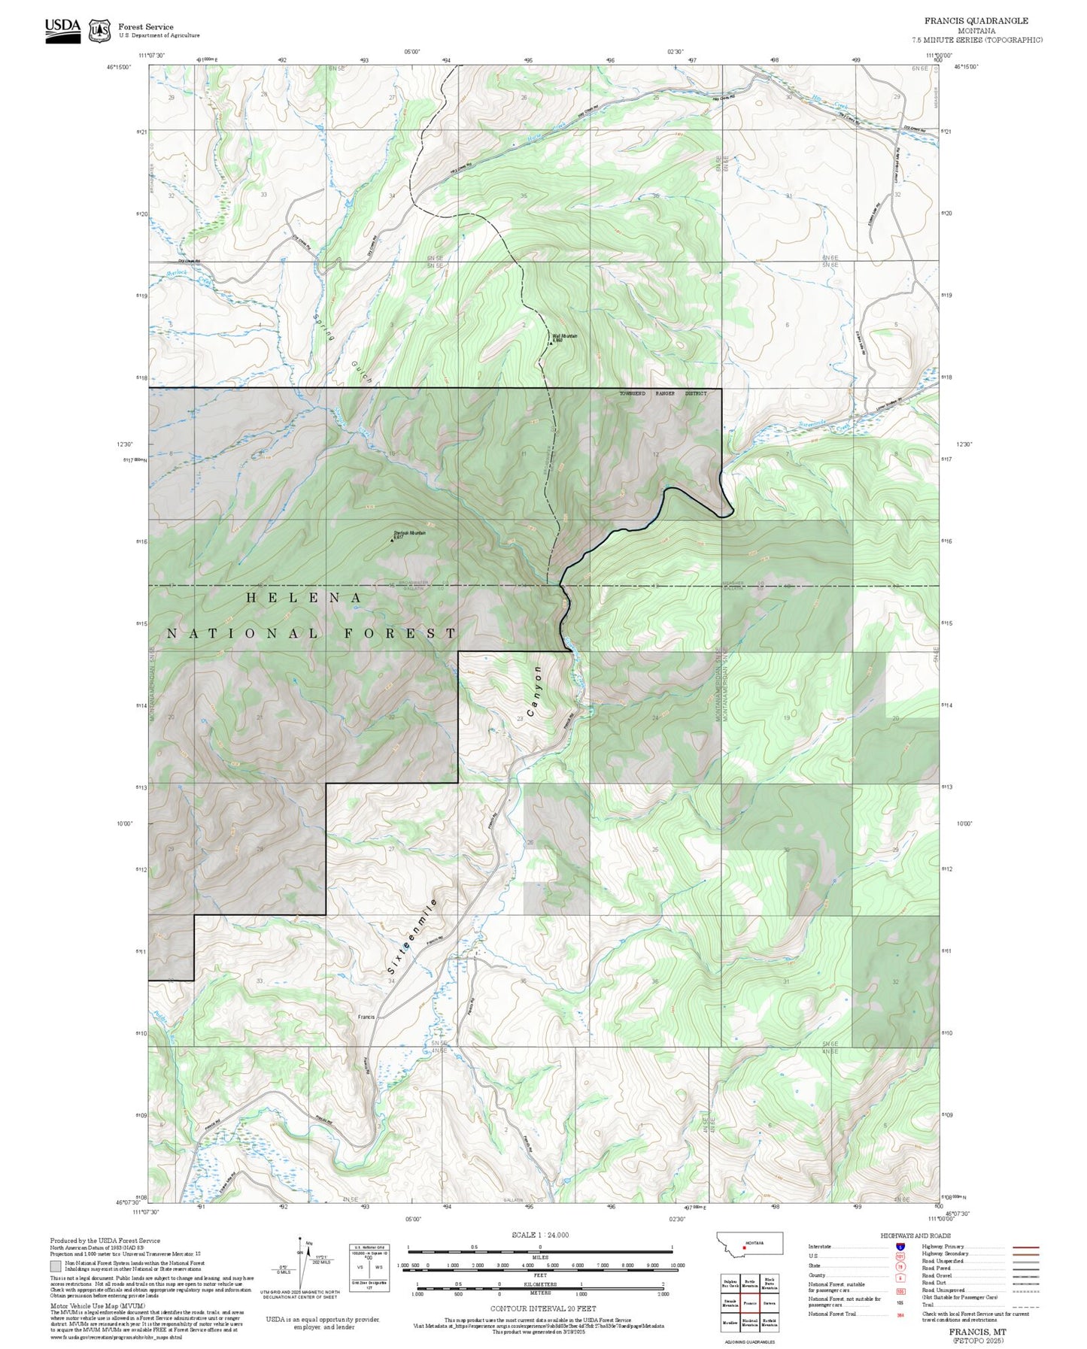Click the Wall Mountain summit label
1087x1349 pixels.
tap(564, 337)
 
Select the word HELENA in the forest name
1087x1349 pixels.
tap(305, 597)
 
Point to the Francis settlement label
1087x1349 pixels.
tap(366, 1017)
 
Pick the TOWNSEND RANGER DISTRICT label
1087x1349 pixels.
tap(663, 393)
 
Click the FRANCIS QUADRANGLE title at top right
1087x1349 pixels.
tap(976, 20)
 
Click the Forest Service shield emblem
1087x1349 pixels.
tap(99, 31)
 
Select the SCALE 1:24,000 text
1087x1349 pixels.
tap(539, 1235)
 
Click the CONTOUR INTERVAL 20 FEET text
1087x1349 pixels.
tap(542, 1309)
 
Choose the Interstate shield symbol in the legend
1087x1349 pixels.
tap(900, 1246)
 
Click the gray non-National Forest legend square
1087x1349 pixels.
tap(56, 1267)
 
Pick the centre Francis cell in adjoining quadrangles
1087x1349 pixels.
tap(749, 1302)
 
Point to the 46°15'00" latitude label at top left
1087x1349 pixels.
tap(119, 67)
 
